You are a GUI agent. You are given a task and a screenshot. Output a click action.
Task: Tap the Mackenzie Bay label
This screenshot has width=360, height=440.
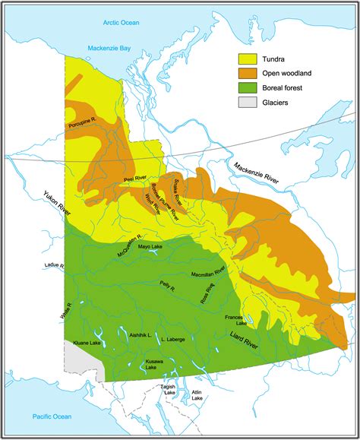click(x=109, y=47)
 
